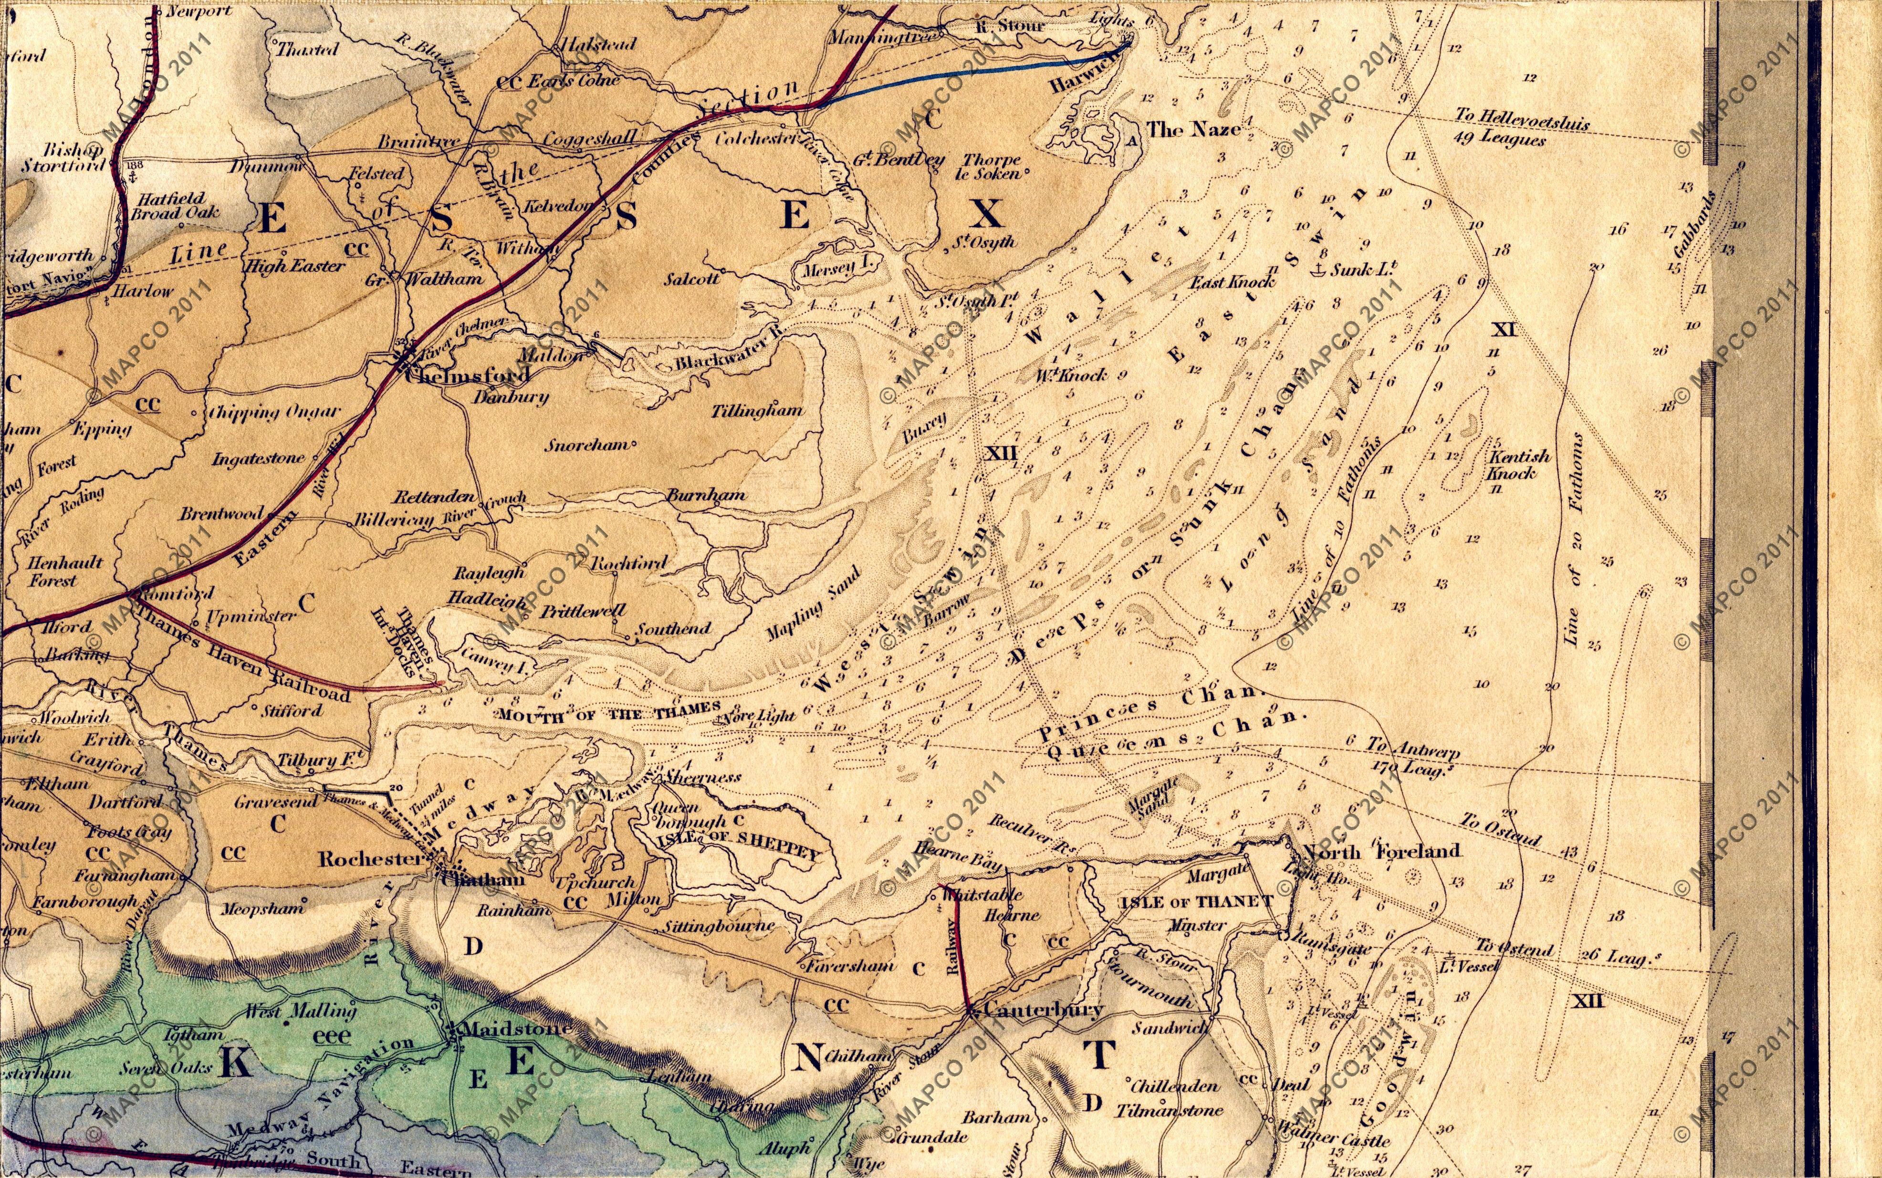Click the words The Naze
click(x=1192, y=129)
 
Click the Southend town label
click(x=674, y=628)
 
